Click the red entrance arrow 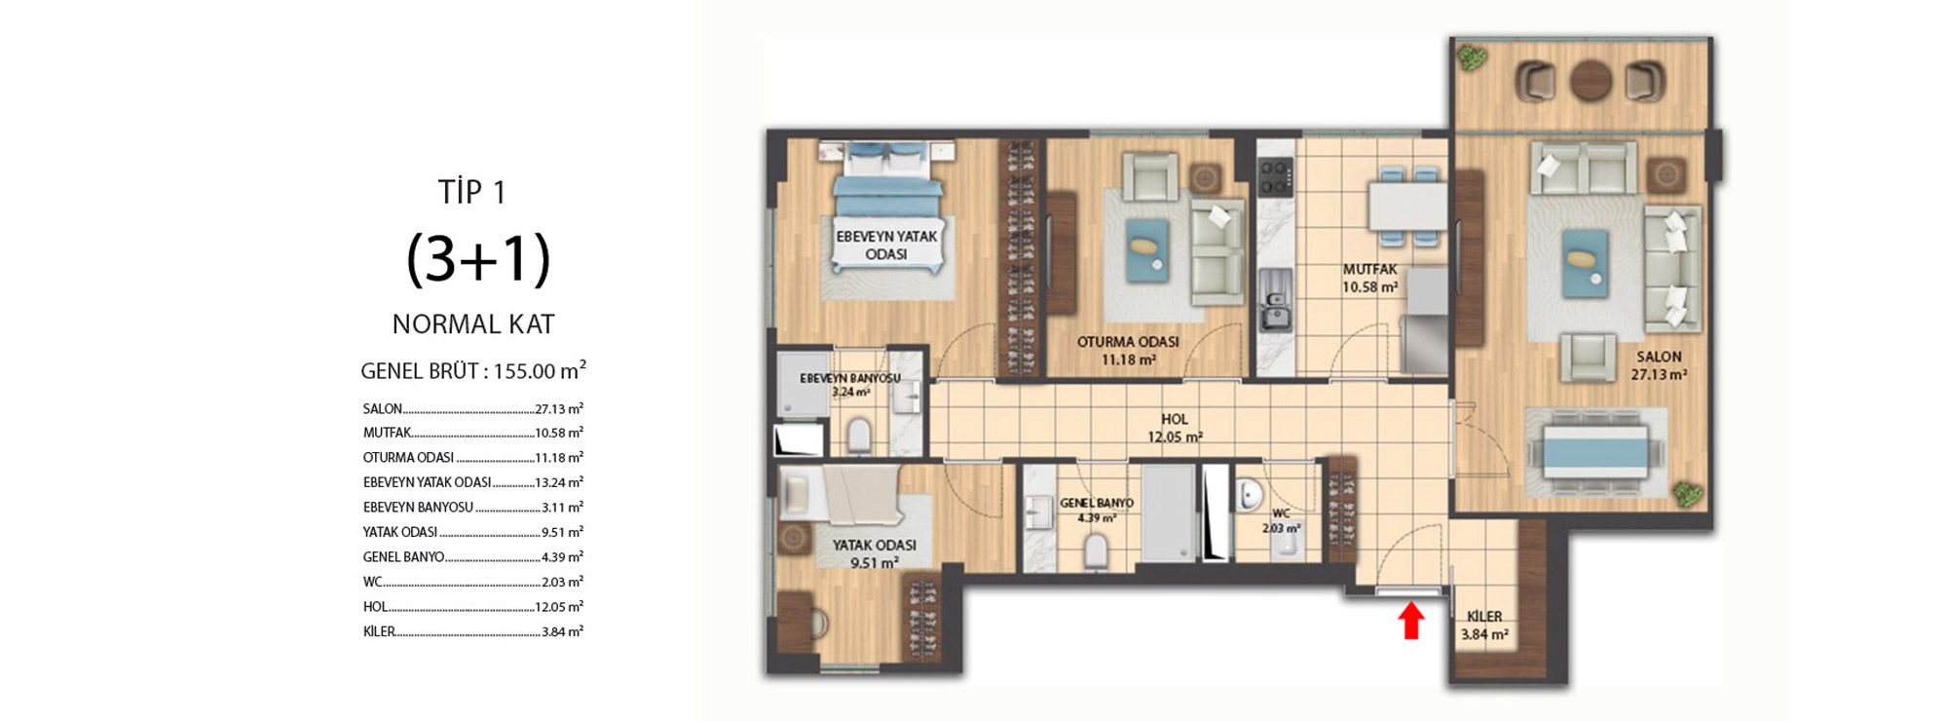point(1411,621)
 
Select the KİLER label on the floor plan point(1484,616)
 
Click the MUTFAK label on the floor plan point(1369,269)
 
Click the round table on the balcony point(1591,81)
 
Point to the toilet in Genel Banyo point(1096,550)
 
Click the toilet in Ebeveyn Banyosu point(859,436)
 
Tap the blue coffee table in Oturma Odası point(1147,250)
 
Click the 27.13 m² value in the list point(559,408)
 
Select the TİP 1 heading point(472,192)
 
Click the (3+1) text point(478,258)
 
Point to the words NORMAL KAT point(473,324)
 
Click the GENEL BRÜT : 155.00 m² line point(473,370)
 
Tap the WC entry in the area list point(372,582)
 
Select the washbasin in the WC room point(1250,496)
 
